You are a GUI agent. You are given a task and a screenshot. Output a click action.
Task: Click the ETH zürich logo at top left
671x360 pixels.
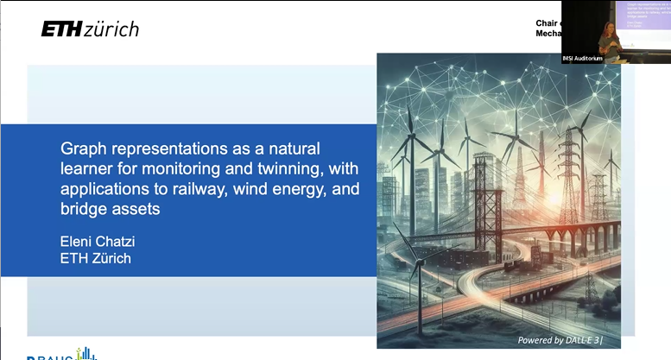pyautogui.click(x=90, y=28)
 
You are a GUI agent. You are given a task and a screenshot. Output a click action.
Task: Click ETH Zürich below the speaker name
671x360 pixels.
pyautogui.click(x=96, y=257)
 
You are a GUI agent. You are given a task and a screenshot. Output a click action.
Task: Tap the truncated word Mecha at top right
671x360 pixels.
pyautogui.click(x=548, y=34)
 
